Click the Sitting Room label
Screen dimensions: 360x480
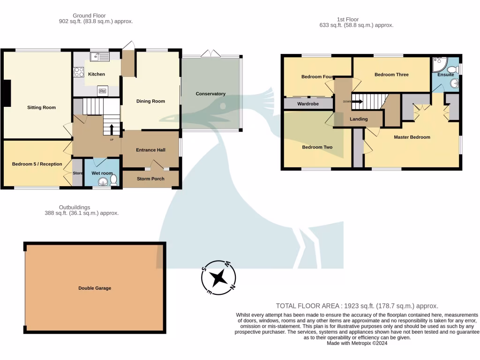coord(41,107)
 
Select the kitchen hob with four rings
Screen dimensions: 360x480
coord(79,72)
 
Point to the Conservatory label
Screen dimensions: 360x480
coord(210,94)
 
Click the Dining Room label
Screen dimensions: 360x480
coord(150,101)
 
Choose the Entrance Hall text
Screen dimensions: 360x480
coord(150,150)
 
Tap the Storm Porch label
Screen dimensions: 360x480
coord(150,179)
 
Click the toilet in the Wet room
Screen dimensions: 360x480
coord(113,180)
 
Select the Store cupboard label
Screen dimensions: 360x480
coord(78,173)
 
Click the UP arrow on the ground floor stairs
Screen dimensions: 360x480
coord(112,129)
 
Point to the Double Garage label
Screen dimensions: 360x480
coord(95,288)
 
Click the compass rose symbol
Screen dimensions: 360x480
coord(218,277)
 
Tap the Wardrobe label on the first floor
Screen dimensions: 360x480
coord(308,104)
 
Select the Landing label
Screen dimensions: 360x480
coord(359,119)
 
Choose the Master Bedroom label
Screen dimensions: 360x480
coord(412,137)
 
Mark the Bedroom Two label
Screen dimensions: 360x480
coord(317,147)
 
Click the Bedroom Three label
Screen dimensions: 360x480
coord(391,75)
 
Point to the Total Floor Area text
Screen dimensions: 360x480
coord(357,305)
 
